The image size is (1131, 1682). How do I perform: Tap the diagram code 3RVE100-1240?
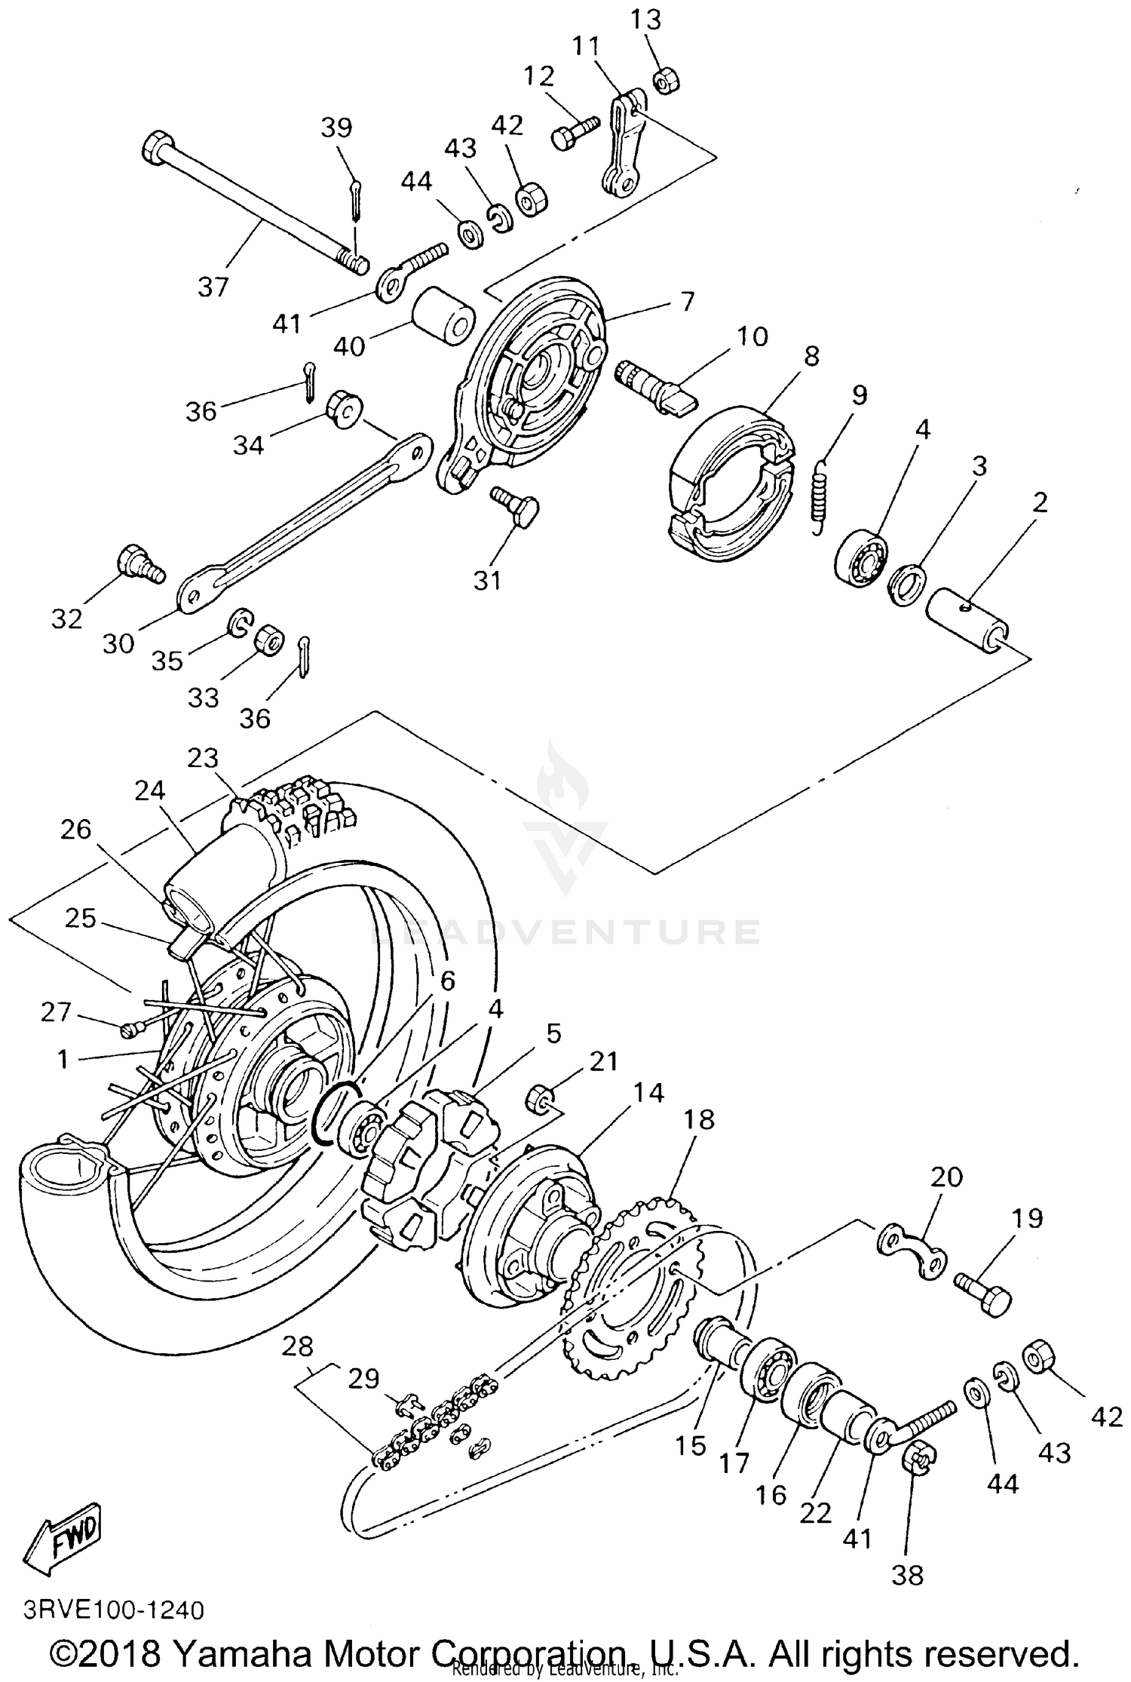pos(114,1610)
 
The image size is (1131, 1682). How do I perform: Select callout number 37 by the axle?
pos(213,287)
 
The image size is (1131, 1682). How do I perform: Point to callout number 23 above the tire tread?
pos(203,757)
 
